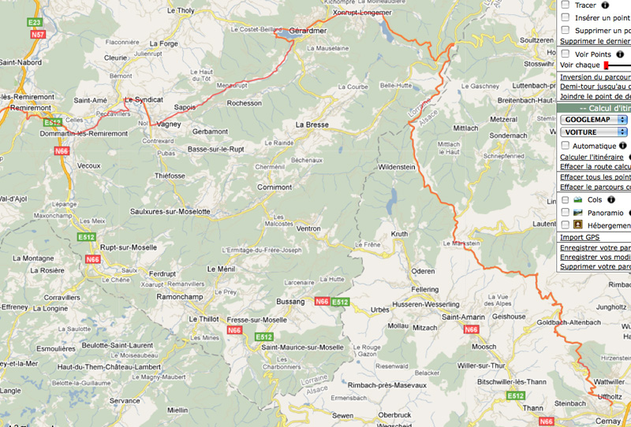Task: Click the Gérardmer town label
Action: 307,31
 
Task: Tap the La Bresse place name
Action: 312,124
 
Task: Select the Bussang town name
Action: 293,302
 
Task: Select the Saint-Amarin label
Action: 462,317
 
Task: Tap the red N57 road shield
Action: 34,35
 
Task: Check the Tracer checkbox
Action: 565,5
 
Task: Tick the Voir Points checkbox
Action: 565,54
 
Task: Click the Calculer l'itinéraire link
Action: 591,157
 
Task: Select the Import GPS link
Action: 579,237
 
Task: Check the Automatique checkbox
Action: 565,146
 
